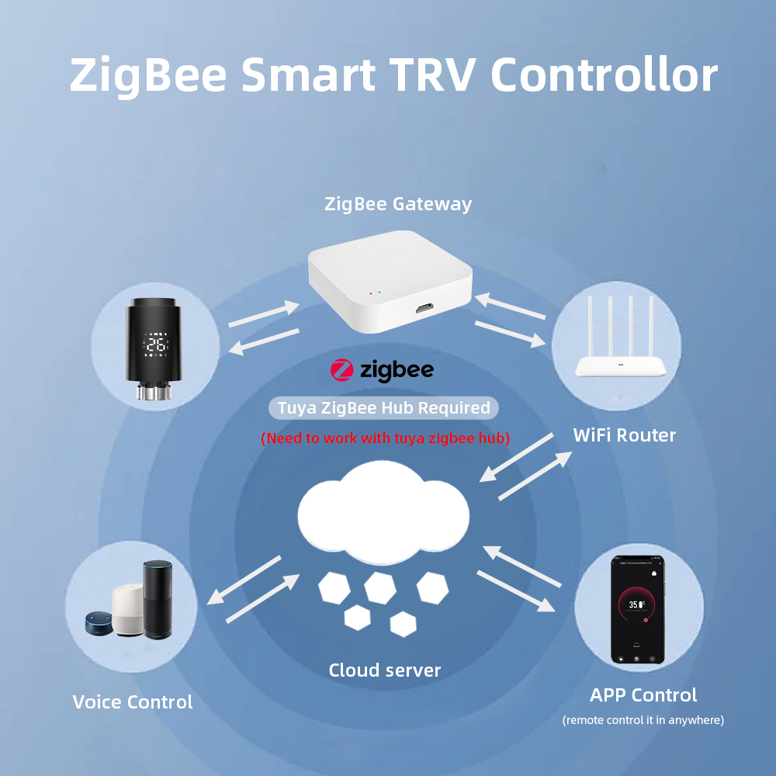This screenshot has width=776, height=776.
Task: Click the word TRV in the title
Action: click(431, 74)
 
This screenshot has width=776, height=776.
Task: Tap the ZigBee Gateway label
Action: click(398, 204)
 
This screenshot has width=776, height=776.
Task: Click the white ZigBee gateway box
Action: click(390, 281)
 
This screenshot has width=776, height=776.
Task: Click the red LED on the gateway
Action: click(371, 293)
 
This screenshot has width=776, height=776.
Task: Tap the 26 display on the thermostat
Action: click(156, 345)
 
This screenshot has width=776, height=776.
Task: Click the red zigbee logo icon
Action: click(342, 370)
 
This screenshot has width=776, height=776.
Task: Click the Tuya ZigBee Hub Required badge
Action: click(383, 408)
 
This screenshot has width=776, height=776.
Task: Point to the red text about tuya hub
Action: click(385, 438)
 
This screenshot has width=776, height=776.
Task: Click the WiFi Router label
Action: click(625, 435)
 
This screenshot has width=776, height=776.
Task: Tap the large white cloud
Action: click(383, 512)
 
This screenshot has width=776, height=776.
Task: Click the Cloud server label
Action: click(385, 670)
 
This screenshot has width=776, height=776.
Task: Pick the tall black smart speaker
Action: click(158, 599)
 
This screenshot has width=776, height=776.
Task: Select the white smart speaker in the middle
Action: click(128, 610)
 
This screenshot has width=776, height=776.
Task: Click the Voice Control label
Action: click(133, 702)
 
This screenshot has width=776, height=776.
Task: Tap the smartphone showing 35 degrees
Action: click(637, 610)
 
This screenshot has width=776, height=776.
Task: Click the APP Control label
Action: click(643, 695)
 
